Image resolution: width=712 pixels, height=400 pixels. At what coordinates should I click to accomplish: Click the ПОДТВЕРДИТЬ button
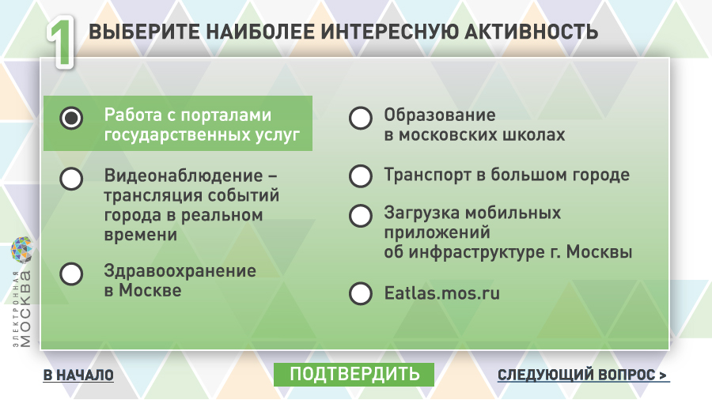coord(354,375)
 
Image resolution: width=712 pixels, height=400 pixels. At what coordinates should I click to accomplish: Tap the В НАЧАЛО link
coord(78,375)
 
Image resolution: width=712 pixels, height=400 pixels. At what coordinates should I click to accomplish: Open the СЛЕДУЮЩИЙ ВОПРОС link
coord(583,375)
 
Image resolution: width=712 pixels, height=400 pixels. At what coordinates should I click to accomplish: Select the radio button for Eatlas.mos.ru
coord(361,293)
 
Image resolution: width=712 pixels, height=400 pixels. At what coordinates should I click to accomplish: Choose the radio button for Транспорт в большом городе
coord(361,176)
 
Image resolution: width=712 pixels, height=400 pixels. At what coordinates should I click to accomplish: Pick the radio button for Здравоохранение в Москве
coord(71,274)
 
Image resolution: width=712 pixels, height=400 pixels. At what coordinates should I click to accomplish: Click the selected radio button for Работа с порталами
coord(71,119)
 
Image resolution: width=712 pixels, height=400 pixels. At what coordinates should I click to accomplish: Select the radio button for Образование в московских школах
coord(361,119)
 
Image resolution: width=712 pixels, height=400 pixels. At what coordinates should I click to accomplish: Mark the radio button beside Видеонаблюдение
coord(71,178)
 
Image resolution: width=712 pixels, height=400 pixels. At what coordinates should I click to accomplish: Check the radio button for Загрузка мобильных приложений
coord(361,216)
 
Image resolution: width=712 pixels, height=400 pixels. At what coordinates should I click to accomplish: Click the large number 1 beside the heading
coord(60,42)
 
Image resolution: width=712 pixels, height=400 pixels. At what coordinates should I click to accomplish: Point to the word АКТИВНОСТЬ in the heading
coord(532,32)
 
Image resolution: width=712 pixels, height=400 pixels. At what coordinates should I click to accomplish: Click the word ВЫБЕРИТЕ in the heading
coord(144,32)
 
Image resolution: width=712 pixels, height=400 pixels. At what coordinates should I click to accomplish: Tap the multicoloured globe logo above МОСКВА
coord(21,250)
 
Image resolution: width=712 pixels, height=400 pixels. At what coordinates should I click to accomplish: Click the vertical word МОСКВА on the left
coord(25,309)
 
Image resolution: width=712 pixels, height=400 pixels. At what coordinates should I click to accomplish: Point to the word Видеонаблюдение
coord(184,175)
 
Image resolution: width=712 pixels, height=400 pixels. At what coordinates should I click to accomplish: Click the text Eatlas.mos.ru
coord(441,293)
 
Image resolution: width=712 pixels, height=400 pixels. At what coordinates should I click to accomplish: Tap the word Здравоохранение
coord(180,270)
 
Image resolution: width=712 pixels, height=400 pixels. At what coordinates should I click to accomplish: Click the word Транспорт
coord(427,175)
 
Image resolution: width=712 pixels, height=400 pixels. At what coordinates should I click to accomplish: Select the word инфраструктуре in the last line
coord(476,252)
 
